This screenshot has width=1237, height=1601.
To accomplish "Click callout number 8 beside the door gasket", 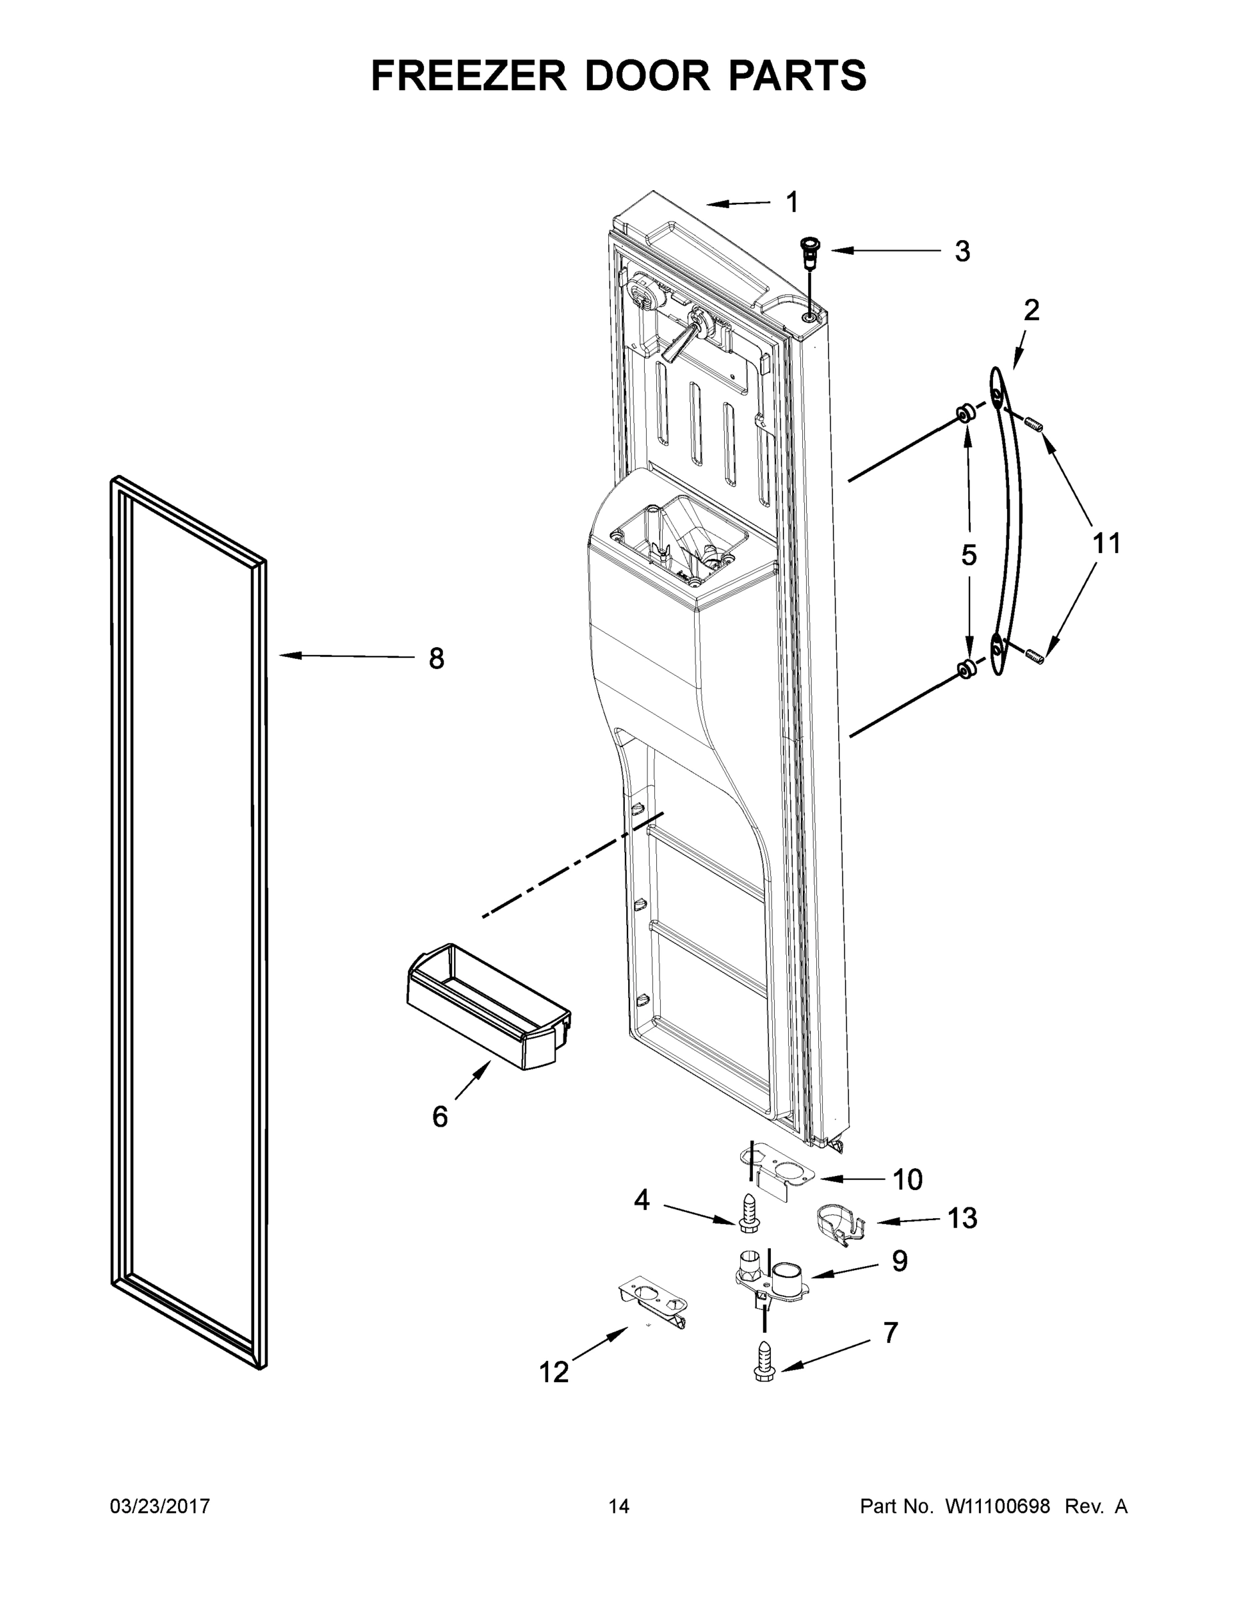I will [x=436, y=659].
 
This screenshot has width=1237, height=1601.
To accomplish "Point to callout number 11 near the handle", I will [x=1106, y=543].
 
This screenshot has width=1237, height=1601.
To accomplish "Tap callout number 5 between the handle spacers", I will [x=968, y=555].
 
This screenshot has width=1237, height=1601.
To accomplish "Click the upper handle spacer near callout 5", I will [x=965, y=414].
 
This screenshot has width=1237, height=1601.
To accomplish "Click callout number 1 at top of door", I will [x=792, y=202].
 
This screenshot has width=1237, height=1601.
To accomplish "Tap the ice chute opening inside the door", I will [x=678, y=542].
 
